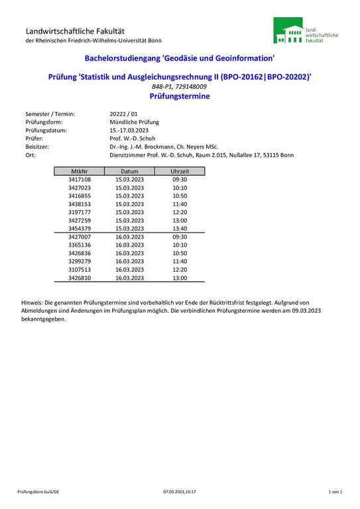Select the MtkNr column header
[80, 171]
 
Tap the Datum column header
[129, 171]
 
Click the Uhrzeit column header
[180, 171]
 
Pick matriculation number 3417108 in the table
[80, 180]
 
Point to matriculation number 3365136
[80, 245]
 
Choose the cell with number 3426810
[80, 278]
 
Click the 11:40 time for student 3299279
[180, 261]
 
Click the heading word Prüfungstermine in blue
[180, 96]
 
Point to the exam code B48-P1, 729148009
[179, 87]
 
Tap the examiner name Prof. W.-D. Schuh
[132, 139]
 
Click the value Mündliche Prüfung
[134, 122]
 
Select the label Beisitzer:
[38, 146]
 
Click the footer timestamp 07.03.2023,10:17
[180, 492]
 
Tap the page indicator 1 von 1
[335, 492]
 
